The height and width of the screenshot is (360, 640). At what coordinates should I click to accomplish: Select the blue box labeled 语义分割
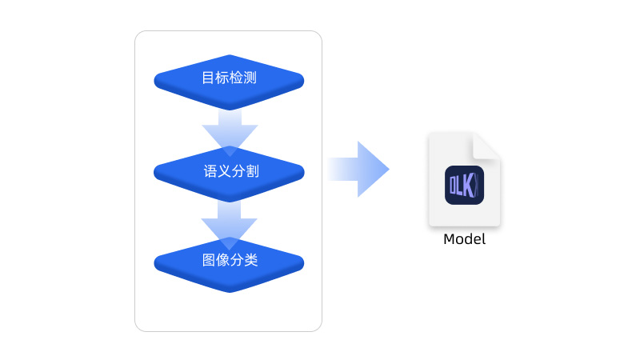(230, 171)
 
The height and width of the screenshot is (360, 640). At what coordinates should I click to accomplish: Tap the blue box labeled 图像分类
(230, 262)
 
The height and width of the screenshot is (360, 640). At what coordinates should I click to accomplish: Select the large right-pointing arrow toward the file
(359, 169)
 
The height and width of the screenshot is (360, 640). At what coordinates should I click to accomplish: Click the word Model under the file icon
(464, 239)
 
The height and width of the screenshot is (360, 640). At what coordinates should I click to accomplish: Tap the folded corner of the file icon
(486, 146)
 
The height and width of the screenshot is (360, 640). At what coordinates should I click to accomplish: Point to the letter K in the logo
(469, 186)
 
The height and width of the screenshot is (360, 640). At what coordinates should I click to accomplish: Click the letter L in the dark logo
(460, 186)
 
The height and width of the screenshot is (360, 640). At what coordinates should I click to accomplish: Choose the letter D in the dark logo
(452, 186)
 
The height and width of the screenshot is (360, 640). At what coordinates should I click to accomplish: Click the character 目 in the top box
(208, 78)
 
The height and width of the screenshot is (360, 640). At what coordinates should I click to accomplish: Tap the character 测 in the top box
(250, 78)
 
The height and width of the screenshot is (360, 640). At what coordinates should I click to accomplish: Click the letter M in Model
(449, 239)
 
